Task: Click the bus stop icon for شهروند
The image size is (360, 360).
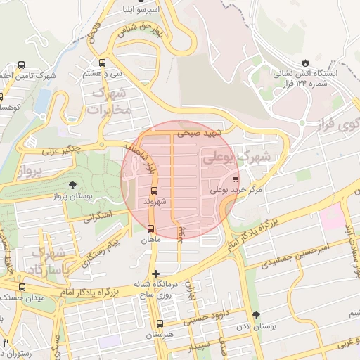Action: coord(154,190)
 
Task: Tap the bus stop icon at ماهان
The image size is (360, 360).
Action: coord(150,228)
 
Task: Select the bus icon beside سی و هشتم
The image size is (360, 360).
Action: coord(103,62)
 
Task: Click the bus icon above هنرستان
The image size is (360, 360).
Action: coord(160,324)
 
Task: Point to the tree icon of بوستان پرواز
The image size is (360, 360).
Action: coord(73,185)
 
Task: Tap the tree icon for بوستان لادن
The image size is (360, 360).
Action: coord(255,315)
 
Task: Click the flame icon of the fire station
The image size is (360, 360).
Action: coord(305,61)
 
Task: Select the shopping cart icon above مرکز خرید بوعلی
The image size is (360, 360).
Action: coord(236,179)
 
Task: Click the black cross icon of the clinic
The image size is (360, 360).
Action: coord(155,273)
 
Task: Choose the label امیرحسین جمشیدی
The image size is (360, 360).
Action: coord(270,260)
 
